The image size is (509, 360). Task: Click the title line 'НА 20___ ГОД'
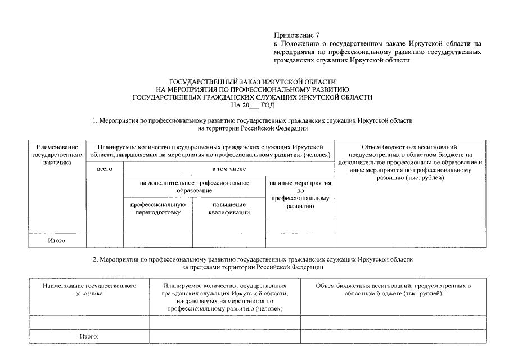(x=252, y=105)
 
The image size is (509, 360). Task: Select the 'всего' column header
(x=105, y=169)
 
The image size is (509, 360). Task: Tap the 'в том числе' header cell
(x=228, y=169)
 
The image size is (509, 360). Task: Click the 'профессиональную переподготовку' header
(x=158, y=209)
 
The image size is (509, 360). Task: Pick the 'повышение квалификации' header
(x=229, y=209)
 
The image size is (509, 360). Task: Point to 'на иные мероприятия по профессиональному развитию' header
(x=300, y=195)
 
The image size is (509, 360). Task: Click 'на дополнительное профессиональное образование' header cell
(x=194, y=187)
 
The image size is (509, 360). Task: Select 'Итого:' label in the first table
(x=57, y=241)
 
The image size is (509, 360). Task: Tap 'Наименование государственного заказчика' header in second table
(x=89, y=289)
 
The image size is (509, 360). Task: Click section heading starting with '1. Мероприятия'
(x=252, y=121)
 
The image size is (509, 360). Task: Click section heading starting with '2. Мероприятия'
(x=252, y=259)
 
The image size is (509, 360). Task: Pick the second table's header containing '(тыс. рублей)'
(x=393, y=290)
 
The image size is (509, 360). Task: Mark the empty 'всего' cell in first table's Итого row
(x=105, y=241)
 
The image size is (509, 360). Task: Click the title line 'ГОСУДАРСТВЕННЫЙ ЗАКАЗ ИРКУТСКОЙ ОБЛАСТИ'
(x=252, y=82)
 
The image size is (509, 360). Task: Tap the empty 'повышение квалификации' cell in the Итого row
(x=229, y=241)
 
